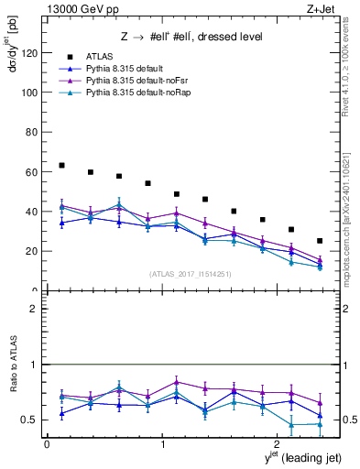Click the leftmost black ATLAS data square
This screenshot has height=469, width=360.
(x=61, y=166)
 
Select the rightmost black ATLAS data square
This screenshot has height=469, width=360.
(x=320, y=241)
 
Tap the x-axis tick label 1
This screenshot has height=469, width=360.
(x=163, y=444)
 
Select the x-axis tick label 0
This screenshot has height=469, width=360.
(x=47, y=444)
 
